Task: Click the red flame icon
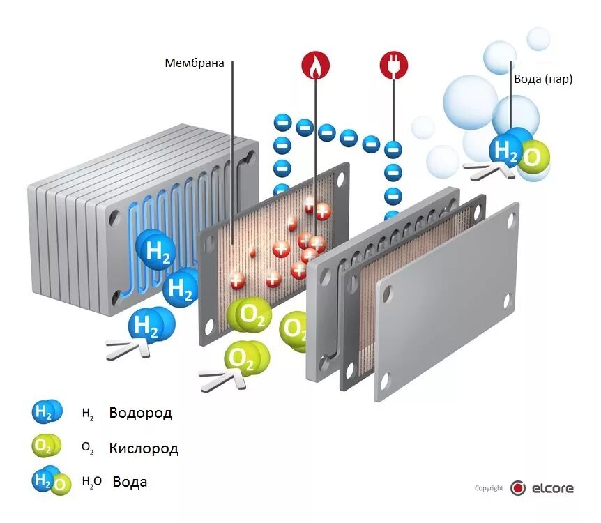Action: (314, 66)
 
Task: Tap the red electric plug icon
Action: (393, 66)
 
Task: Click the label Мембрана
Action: (195, 63)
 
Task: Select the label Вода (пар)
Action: (543, 79)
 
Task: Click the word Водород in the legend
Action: (140, 413)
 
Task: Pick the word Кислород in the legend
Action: (144, 448)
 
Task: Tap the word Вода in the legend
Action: (130, 481)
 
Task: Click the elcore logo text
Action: (552, 488)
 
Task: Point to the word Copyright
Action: (489, 488)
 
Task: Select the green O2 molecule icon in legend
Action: (46, 446)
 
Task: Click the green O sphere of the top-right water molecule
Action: (533, 158)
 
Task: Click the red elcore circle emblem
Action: (517, 488)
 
